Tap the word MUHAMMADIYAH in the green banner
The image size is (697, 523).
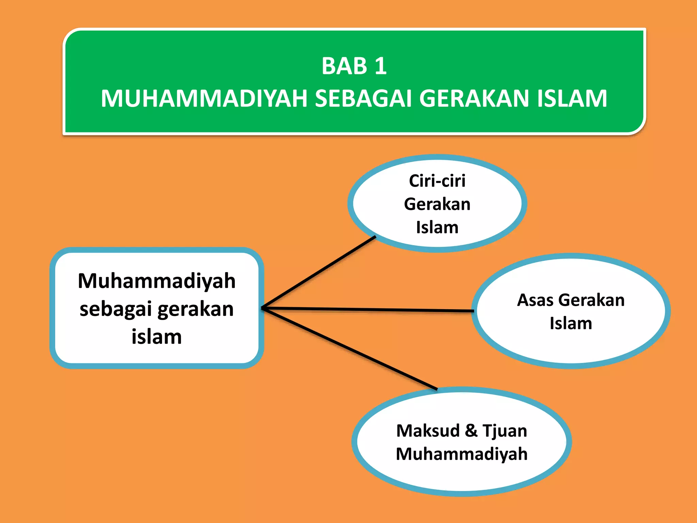pos(204,99)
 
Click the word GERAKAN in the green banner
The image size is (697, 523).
pos(474,99)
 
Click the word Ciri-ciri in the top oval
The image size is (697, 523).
pos(437,181)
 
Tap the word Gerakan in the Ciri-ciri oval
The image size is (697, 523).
pos(437,204)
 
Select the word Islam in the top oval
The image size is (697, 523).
pos(437,227)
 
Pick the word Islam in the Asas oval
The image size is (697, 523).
pos(571,323)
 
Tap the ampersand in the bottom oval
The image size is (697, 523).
pos(471,431)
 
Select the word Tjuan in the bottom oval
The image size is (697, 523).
pos(505,431)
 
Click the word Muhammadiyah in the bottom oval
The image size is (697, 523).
pos(461,454)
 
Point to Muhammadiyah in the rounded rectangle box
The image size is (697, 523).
pos(157,281)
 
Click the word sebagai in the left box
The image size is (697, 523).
pos(115,309)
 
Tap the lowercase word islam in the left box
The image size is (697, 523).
pos(157,337)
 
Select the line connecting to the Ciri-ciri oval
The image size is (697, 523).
pos(318,273)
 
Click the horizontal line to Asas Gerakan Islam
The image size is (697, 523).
pos(368,310)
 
